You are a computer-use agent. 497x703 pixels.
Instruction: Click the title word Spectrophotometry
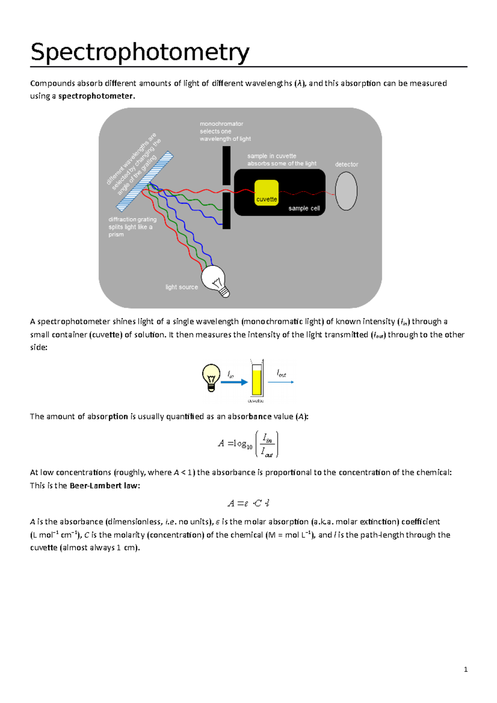[x=140, y=53]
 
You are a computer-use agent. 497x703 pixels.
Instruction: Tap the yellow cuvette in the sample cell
[x=266, y=192]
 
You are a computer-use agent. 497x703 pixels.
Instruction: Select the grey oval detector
[x=346, y=191]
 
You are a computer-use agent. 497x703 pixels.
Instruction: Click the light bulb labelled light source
[x=214, y=280]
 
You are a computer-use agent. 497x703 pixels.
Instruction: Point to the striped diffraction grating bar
[x=145, y=181]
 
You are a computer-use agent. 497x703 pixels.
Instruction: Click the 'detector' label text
[x=346, y=164]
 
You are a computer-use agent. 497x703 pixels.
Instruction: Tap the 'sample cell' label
[x=304, y=208]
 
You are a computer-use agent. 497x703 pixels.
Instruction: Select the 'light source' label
[x=181, y=287]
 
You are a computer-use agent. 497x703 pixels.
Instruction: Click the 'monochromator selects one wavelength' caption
[x=225, y=131]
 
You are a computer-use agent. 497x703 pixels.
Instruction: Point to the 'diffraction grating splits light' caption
[x=132, y=227]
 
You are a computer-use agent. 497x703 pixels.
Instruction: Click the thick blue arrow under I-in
[x=234, y=382]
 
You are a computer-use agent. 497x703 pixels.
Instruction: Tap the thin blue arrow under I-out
[x=281, y=382]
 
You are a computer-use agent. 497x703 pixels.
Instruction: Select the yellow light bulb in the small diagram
[x=211, y=376]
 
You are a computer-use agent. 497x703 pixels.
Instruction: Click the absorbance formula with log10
[x=248, y=444]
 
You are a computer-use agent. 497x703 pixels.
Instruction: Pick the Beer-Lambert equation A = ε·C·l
[x=248, y=503]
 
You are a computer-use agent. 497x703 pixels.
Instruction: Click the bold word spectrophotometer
[x=96, y=96]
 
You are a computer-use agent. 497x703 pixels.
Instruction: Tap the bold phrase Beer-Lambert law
[x=104, y=486]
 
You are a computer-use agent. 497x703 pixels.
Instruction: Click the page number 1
[x=466, y=669]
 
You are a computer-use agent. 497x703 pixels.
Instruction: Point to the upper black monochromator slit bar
[x=227, y=166]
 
